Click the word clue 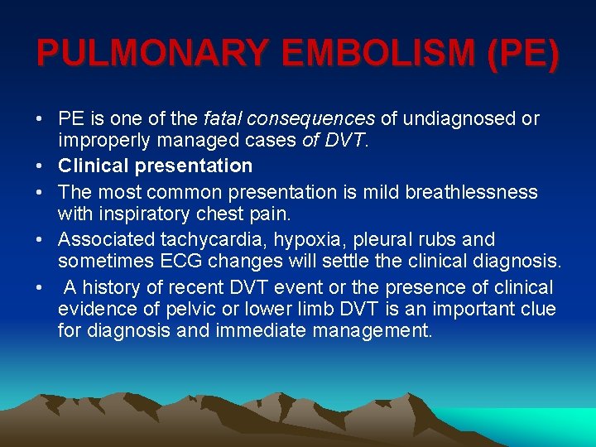538,310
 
